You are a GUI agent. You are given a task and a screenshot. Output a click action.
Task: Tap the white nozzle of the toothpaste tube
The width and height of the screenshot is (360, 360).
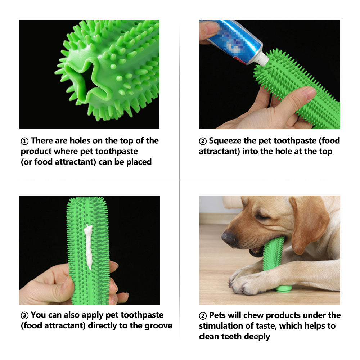(262, 60)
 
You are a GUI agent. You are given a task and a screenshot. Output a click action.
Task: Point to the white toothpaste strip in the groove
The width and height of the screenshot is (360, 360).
(89, 247)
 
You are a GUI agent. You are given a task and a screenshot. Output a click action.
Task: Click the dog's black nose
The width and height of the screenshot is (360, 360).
(229, 237)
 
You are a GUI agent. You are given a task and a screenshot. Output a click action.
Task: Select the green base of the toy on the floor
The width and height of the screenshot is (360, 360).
(283, 288)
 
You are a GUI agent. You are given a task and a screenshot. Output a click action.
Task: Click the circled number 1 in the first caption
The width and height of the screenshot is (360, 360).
(24, 141)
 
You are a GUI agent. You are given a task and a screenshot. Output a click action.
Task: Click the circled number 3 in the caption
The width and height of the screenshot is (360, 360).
(24, 315)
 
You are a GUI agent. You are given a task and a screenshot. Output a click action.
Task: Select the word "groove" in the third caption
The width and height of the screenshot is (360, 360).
(158, 326)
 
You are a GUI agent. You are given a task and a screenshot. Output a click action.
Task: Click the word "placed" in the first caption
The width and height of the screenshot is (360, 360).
(139, 162)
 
